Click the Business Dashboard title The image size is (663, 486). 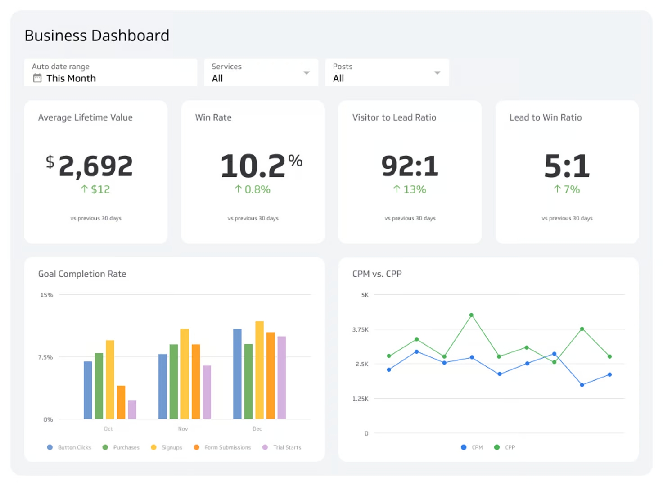click(97, 36)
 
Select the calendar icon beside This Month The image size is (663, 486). click(37, 78)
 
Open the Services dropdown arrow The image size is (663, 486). click(307, 73)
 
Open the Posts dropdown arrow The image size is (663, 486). click(437, 73)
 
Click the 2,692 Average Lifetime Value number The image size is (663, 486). click(95, 166)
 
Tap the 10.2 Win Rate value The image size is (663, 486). click(253, 166)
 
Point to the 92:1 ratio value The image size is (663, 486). click(410, 166)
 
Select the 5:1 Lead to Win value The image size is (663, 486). click(567, 166)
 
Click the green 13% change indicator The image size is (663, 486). click(410, 189)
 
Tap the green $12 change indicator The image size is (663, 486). click(95, 189)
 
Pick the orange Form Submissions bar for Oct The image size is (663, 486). click(121, 402)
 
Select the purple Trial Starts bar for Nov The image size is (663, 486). click(207, 392)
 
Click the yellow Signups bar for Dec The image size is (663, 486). click(259, 370)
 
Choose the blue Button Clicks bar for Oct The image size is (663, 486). click(88, 390)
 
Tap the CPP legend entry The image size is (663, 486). click(505, 447)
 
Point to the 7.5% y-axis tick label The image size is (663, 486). click(45, 357)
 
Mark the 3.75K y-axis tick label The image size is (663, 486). click(360, 329)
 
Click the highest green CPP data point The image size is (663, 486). click(471, 315)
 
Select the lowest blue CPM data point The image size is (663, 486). click(582, 385)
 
